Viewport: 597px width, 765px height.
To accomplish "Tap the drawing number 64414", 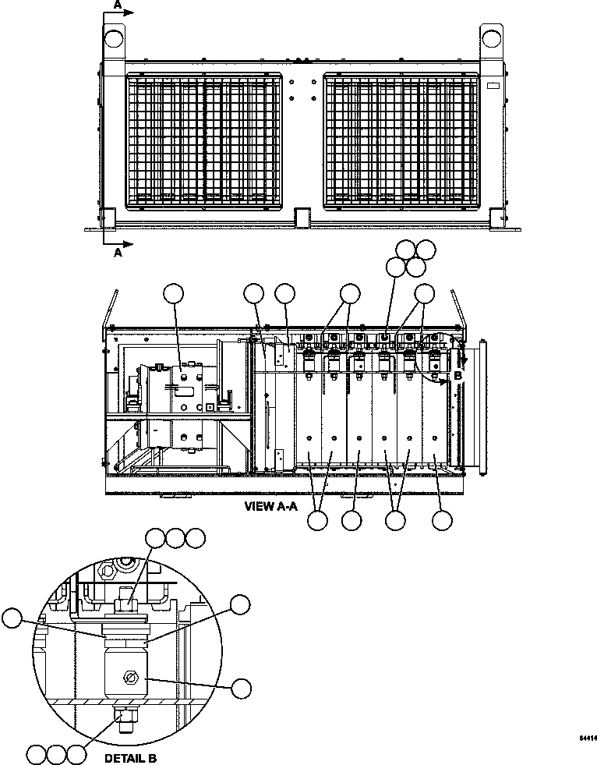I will coord(588,737).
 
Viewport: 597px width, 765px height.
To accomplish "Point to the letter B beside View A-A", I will coord(458,375).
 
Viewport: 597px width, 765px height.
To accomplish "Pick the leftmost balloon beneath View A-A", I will coord(317,522).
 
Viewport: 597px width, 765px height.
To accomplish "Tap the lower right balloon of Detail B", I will coord(242,687).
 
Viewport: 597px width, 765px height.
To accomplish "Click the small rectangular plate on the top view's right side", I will coord(493,84).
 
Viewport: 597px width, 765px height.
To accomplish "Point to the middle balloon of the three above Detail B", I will coord(176,537).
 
